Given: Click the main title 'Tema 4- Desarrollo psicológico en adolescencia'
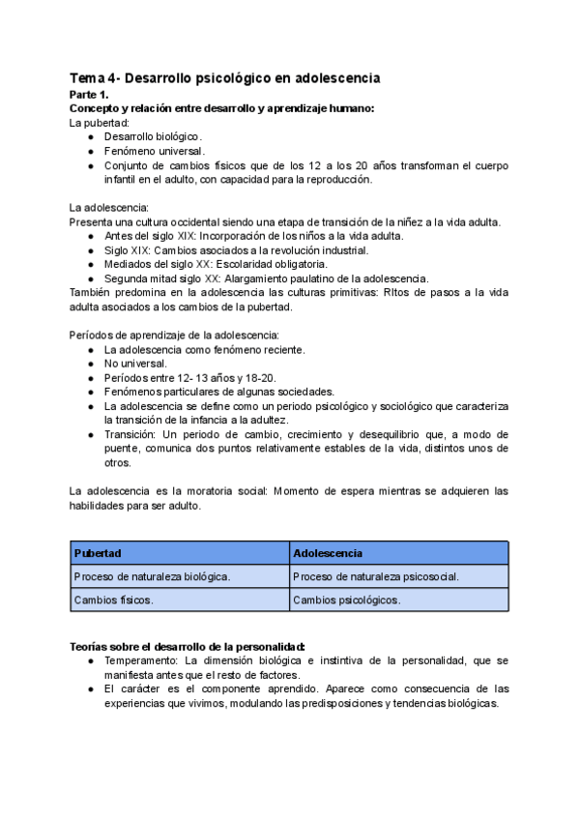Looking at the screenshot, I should point(224,77).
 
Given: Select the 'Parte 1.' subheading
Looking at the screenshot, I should point(90,95).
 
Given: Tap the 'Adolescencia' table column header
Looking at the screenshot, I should point(328,553).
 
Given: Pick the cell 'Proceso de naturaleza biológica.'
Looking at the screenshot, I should point(152,576).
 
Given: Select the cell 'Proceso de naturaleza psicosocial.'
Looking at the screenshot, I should point(375,576).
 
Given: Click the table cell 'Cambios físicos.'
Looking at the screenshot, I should point(113,600).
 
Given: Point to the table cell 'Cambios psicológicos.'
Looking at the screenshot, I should point(346,600).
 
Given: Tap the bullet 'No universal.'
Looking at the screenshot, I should point(136,363).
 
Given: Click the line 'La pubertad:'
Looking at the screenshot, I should point(99,123).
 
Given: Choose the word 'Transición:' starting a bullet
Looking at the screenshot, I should point(134,434).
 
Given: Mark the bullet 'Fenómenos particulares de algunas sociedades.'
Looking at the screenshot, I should point(218,392).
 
